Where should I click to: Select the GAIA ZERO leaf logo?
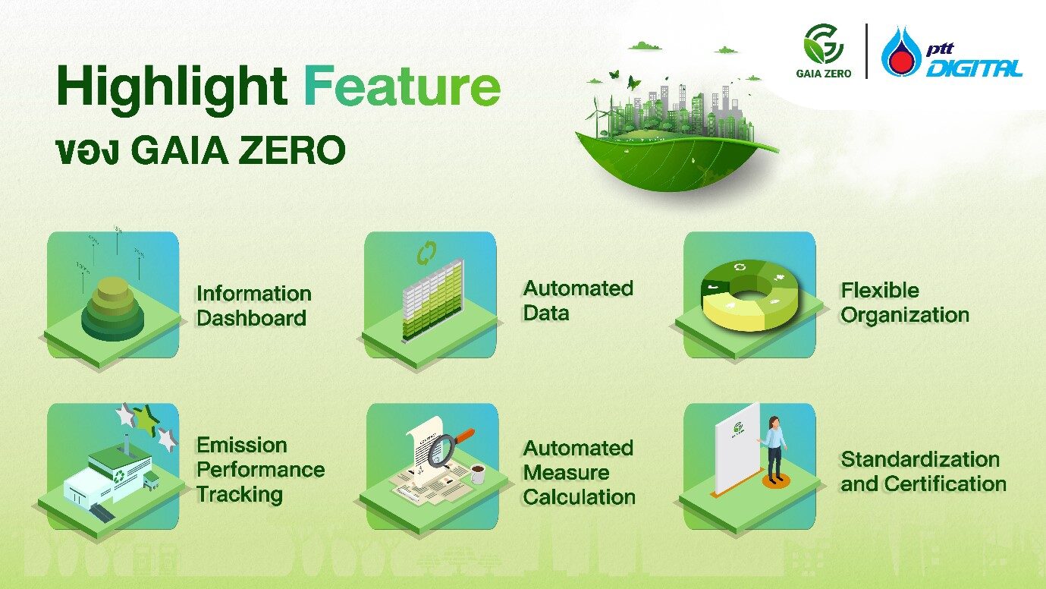[x=823, y=43]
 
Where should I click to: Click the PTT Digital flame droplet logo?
[x=901, y=53]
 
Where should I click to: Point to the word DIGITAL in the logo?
[x=974, y=69]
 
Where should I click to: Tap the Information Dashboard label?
[x=253, y=306]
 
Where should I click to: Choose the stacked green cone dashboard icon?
[x=112, y=307]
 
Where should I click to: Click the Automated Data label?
[x=578, y=301]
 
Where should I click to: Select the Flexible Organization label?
[x=904, y=303]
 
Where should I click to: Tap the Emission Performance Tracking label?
[x=260, y=469]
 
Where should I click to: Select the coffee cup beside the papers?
[x=478, y=475]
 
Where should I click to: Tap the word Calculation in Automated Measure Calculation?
[x=579, y=497]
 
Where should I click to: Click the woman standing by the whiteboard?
[x=774, y=448]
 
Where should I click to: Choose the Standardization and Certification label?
[x=923, y=471]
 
